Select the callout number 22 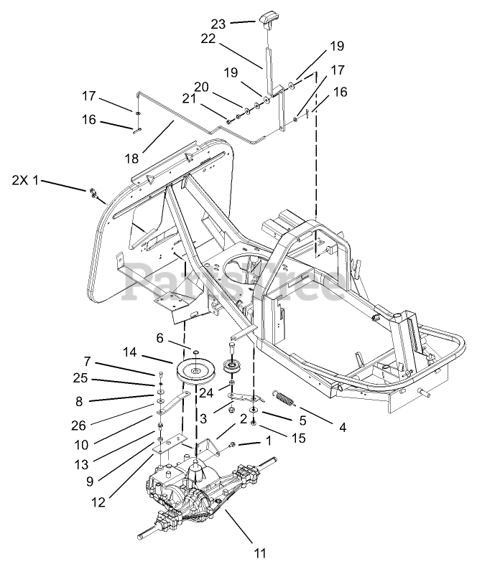[x=208, y=40]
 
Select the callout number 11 [x=261, y=553]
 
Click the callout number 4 [x=343, y=428]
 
